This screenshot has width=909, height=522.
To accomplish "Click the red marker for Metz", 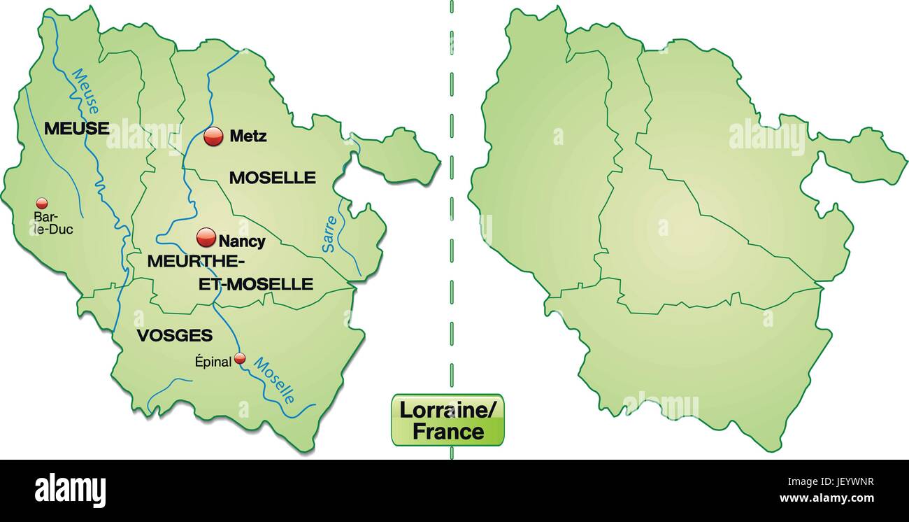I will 213,136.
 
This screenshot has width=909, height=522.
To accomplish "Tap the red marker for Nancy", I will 206,238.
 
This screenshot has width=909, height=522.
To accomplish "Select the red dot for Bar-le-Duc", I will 42,204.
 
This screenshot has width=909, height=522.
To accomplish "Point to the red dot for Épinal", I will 240,358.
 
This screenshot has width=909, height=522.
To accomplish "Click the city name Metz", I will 248,136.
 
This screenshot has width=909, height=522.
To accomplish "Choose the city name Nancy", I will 242,241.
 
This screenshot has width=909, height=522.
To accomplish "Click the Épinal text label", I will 213,362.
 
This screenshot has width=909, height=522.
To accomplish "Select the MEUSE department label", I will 76,128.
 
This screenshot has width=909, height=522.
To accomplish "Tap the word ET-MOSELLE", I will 256,284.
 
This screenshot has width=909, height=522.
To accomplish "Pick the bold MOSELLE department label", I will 273,178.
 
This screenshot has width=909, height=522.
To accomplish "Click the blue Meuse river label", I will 85,91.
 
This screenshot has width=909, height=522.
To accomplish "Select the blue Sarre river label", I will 329,234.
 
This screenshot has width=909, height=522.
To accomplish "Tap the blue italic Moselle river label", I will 274,381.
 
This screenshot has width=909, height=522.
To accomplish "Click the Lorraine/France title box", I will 448,420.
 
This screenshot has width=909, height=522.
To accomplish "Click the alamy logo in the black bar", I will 70,490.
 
